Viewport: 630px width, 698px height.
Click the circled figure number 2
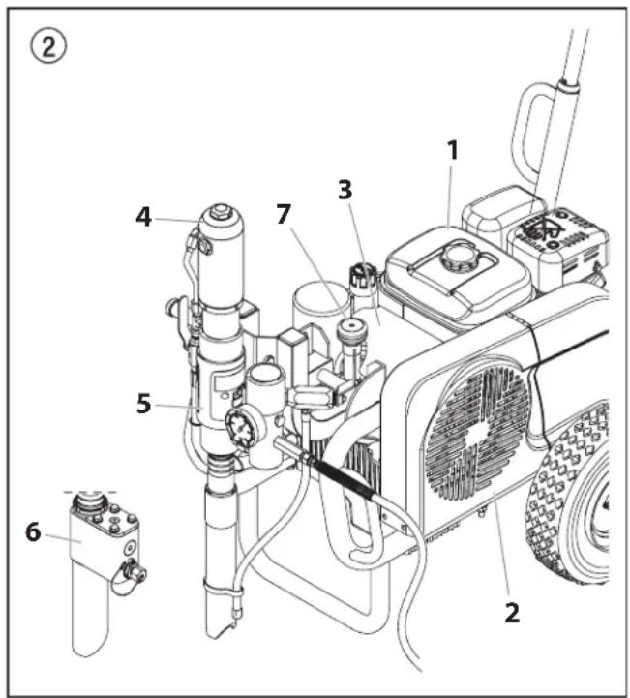(48, 47)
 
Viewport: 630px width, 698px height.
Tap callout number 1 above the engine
(452, 150)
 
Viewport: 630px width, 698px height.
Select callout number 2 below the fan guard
(512, 613)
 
